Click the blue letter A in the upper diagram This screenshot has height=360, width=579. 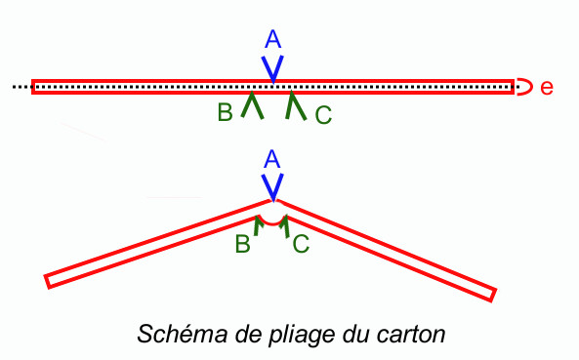coord(272,39)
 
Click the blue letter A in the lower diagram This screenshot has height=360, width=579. coord(272,159)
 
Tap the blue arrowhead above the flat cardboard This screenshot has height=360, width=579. coord(272,69)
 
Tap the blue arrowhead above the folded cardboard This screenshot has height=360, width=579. coord(272,187)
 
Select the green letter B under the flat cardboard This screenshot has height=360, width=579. coord(225,112)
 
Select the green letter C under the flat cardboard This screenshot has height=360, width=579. coord(323,115)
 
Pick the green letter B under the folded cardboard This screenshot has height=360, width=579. coord(242,244)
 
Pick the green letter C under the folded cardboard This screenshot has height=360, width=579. coord(301,244)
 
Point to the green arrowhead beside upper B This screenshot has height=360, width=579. coord(252,104)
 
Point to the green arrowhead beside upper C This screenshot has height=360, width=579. coord(296,105)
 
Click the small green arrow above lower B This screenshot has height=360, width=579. coord(258,225)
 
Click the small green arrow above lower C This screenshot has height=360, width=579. coord(284,226)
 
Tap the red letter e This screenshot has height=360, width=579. coord(547,88)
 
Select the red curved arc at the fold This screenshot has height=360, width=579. coord(272,223)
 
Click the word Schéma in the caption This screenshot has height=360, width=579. coord(183,334)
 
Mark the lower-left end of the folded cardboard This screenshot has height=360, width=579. coord(47,282)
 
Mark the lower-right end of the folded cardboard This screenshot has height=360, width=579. coord(493,296)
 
